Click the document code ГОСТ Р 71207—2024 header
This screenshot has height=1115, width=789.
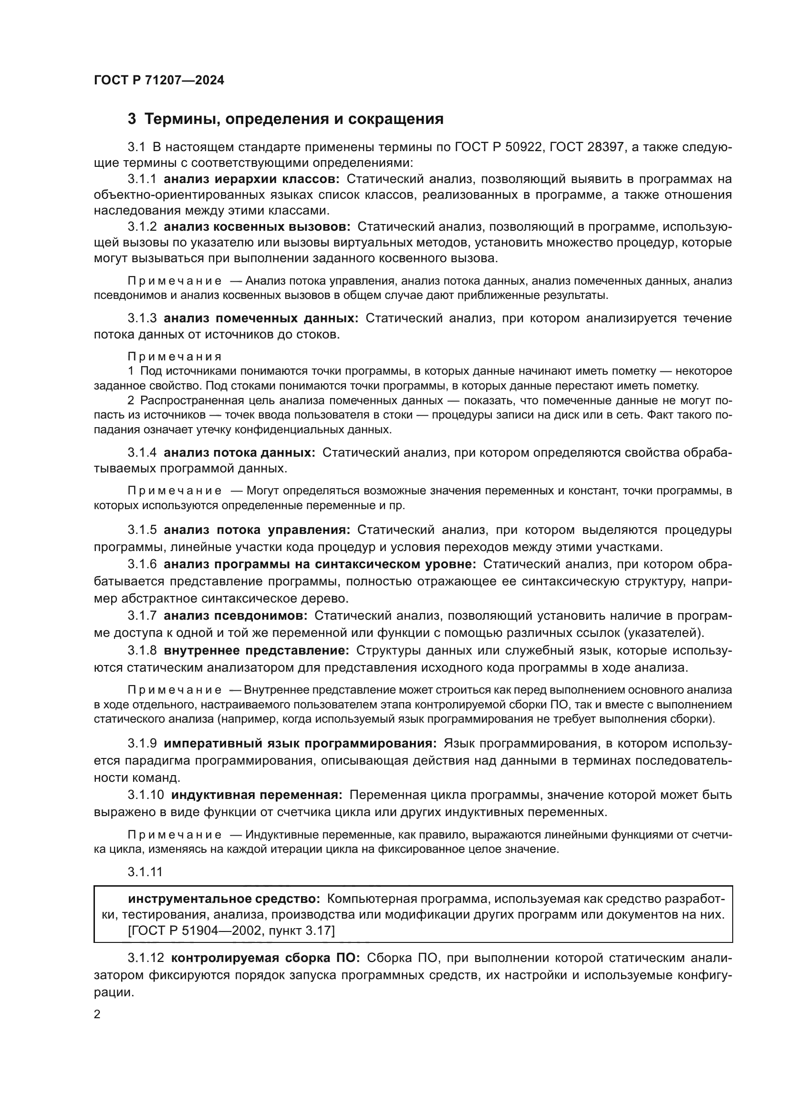pyautogui.click(x=159, y=81)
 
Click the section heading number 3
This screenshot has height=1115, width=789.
pyautogui.click(x=132, y=119)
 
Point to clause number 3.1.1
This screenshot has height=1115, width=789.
pyautogui.click(x=142, y=179)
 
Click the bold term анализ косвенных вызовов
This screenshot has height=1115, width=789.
pyautogui.click(x=257, y=227)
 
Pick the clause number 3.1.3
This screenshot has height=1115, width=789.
pyautogui.click(x=142, y=318)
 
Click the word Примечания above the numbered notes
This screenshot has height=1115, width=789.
pyautogui.click(x=175, y=357)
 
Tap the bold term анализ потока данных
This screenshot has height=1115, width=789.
pyautogui.click(x=239, y=452)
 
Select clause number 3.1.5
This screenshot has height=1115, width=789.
pyautogui.click(x=142, y=530)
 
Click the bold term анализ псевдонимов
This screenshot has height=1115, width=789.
pyautogui.click(x=235, y=616)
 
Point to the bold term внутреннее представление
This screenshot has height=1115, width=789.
pyautogui.click(x=256, y=650)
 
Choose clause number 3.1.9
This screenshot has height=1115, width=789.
pyautogui.click(x=142, y=744)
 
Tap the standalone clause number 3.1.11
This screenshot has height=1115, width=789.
pyautogui.click(x=145, y=872)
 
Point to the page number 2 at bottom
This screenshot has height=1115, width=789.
pyautogui.click(x=97, y=1014)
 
